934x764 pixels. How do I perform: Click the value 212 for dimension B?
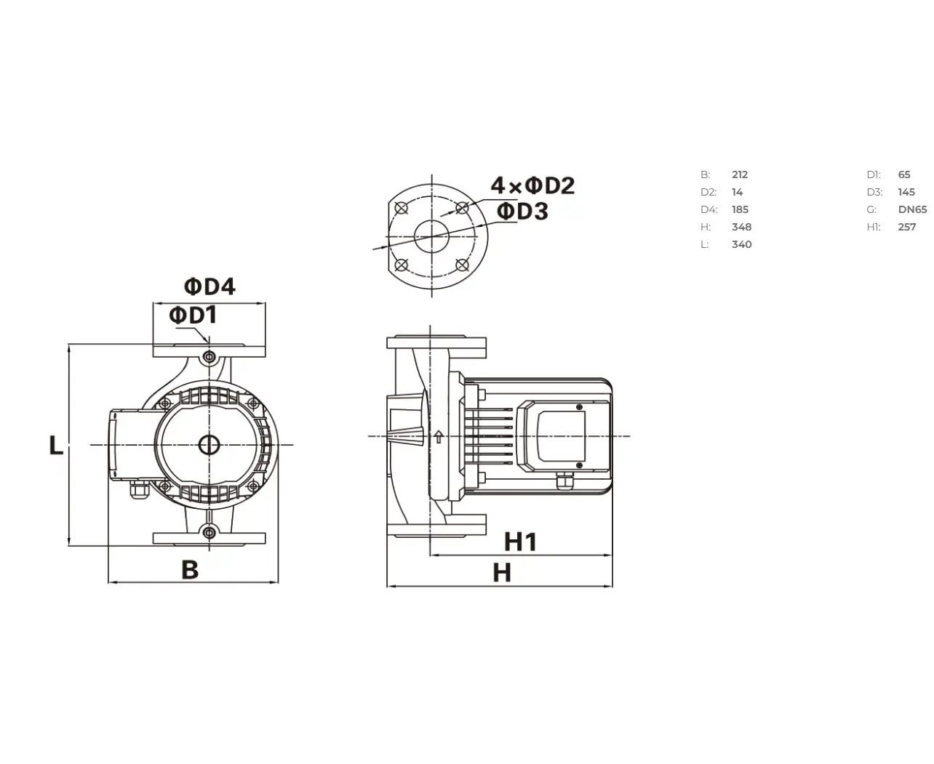pos(740,174)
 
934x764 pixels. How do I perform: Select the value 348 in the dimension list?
pos(741,227)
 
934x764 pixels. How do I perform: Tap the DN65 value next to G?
pos(912,209)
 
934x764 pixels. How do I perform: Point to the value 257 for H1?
pos(906,227)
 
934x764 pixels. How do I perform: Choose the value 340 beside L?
pos(741,244)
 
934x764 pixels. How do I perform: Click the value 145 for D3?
pos(906,192)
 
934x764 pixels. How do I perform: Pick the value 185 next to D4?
pos(740,209)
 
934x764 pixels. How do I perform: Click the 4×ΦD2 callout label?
pos(532,185)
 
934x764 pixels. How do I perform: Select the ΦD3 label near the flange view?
pos(522,211)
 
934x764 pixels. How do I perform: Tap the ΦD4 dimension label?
pos(209,286)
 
